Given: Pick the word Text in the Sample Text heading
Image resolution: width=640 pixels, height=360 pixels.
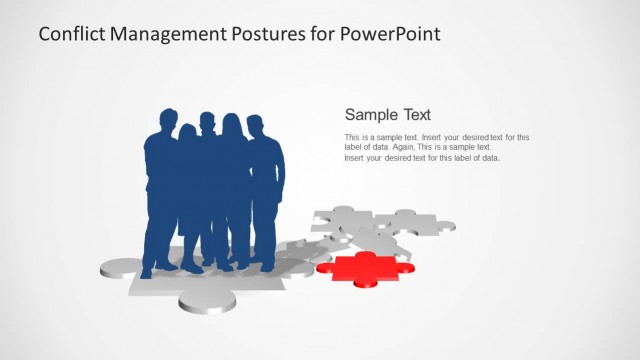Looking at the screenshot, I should [x=417, y=114].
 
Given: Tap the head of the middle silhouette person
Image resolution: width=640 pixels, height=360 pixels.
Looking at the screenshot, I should [x=207, y=122].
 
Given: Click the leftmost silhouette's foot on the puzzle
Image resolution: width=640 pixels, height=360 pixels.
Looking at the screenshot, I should [x=147, y=271].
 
